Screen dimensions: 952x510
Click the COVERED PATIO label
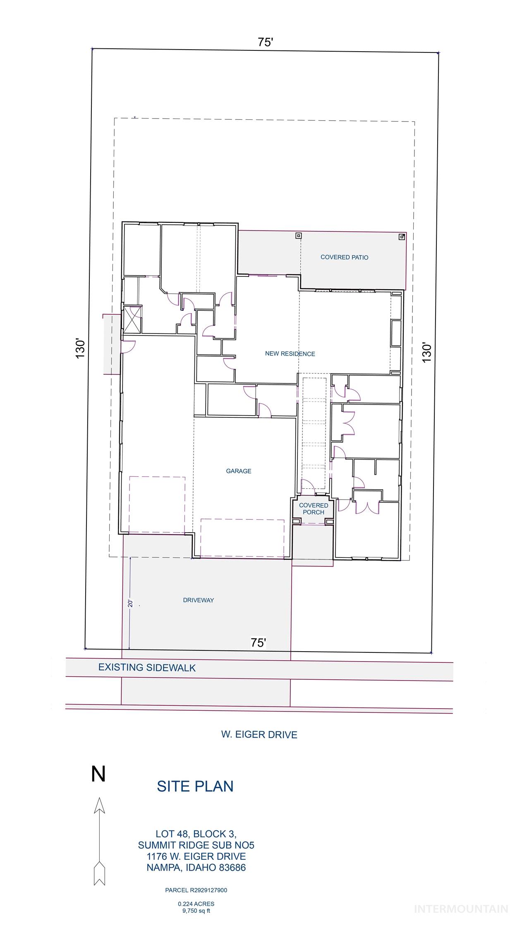click(x=344, y=257)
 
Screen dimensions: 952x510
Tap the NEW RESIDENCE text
click(x=290, y=354)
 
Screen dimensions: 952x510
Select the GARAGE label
click(x=239, y=471)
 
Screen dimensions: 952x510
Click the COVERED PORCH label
click(x=314, y=509)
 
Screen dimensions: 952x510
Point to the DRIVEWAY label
click(x=199, y=600)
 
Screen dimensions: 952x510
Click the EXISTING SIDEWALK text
click(x=147, y=668)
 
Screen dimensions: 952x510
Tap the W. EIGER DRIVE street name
click(x=259, y=735)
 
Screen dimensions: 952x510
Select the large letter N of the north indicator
click(x=98, y=774)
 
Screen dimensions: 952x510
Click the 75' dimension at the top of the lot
click(x=266, y=42)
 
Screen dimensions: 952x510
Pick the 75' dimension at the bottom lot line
click(x=258, y=643)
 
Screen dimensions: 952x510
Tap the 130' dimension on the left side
click(x=80, y=349)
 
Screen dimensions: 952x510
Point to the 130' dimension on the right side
click(x=427, y=352)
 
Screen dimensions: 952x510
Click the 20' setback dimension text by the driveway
click(x=129, y=603)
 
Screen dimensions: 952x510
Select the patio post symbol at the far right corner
click(x=401, y=237)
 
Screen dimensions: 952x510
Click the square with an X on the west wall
click(x=133, y=319)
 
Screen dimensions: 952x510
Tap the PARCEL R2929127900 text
click(x=196, y=890)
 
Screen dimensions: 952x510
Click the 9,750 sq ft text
click(x=196, y=910)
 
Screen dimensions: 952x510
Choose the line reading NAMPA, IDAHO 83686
click(x=196, y=868)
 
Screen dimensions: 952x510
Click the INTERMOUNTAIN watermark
click(x=461, y=909)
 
